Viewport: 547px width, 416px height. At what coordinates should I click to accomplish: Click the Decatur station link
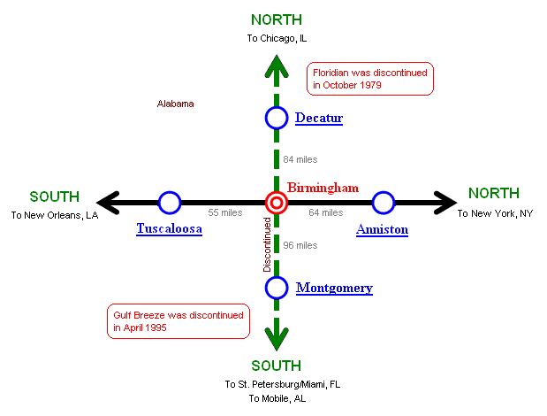click(x=318, y=118)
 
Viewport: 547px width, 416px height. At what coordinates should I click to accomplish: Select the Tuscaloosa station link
click(x=170, y=229)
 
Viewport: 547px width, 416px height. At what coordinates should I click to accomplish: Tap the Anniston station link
click(x=382, y=229)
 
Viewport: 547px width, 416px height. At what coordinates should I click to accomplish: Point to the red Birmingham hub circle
click(x=277, y=203)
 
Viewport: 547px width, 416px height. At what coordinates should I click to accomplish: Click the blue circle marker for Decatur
click(x=277, y=117)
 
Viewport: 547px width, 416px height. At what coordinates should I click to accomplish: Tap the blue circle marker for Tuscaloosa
click(x=169, y=203)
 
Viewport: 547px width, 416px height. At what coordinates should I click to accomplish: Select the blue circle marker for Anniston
click(x=383, y=203)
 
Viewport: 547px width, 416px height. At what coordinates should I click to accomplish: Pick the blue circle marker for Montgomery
click(x=277, y=287)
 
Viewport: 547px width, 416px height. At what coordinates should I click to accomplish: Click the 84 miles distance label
click(x=300, y=159)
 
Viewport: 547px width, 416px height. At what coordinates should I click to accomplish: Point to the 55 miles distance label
click(x=225, y=213)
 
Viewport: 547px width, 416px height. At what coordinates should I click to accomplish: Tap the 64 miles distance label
click(x=326, y=213)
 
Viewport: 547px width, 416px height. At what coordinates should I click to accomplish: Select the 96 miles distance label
click(x=300, y=245)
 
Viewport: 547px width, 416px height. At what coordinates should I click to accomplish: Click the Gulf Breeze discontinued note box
click(x=177, y=320)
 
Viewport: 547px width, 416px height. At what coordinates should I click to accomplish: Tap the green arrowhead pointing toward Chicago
click(x=277, y=67)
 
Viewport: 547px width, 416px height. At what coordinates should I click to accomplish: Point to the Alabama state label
click(x=175, y=104)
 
